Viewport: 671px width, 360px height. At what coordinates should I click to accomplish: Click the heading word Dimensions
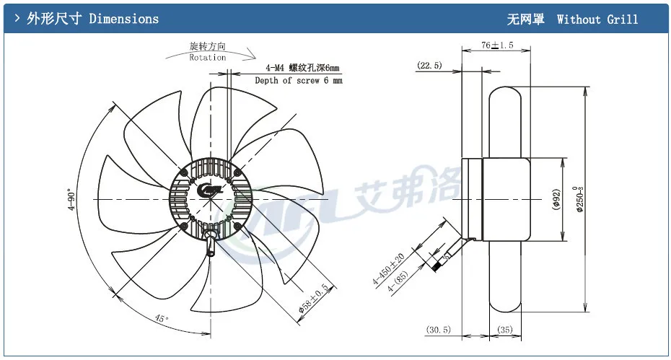coord(123,19)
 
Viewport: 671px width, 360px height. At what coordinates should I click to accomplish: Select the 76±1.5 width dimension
coord(497,45)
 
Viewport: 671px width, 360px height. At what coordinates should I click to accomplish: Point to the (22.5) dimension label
coord(429,66)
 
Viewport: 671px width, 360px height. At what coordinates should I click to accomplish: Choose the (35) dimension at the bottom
coord(504,330)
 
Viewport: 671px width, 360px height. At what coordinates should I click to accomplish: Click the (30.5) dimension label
coord(438,330)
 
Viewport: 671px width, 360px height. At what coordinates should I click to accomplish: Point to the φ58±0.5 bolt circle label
coord(313,298)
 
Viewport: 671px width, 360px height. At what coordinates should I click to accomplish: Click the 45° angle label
coord(162,318)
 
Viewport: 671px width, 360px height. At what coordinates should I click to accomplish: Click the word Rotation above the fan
coord(208,58)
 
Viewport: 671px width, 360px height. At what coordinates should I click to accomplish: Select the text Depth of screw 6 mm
coord(299,81)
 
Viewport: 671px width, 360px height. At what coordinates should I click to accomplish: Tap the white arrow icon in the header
coord(17,19)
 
